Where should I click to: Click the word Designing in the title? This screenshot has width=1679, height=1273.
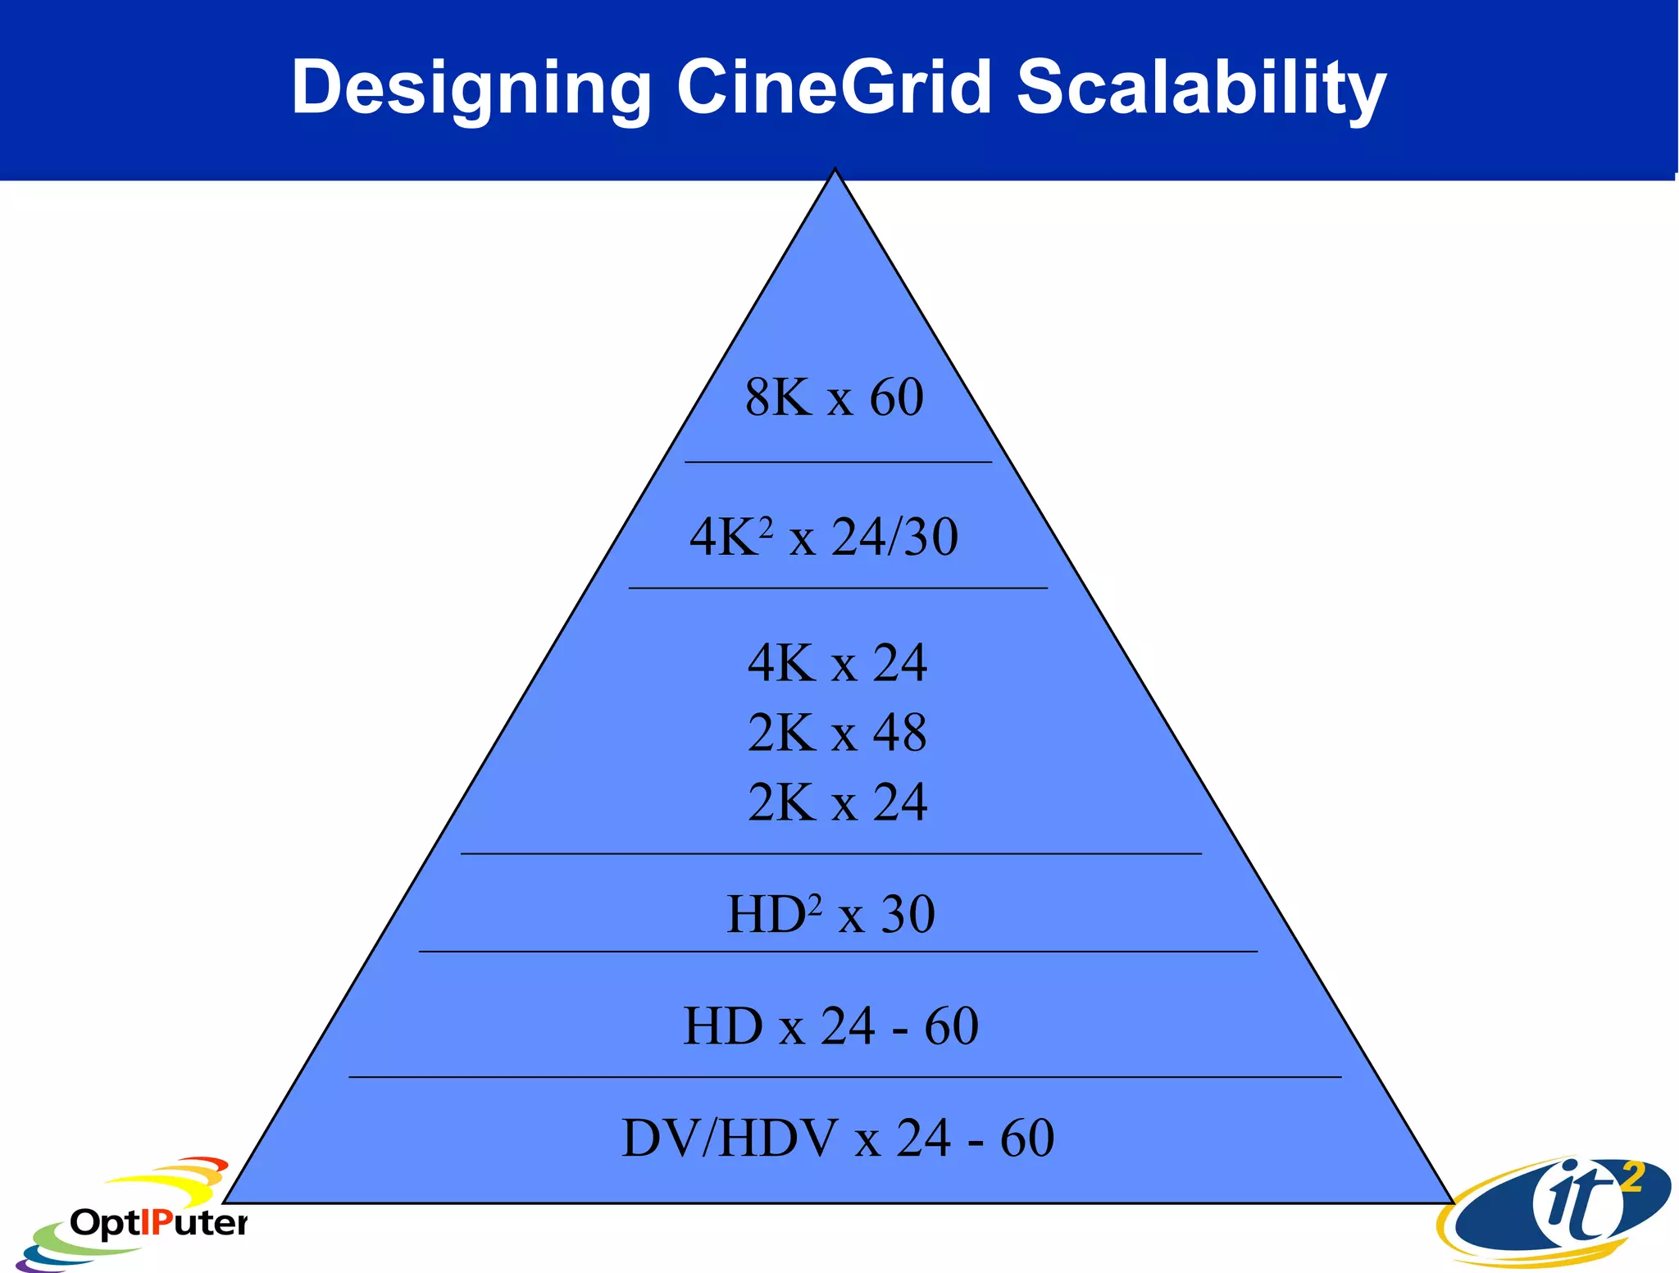pos(471,88)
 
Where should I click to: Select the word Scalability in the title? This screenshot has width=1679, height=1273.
pos(1201,88)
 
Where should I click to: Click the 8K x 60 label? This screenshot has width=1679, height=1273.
pos(835,398)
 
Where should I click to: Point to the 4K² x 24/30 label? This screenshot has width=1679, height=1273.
pos(824,538)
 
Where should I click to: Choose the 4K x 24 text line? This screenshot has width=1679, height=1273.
pos(837,662)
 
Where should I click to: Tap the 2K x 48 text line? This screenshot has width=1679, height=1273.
pos(837,732)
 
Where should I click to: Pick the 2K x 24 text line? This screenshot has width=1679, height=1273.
pos(837,802)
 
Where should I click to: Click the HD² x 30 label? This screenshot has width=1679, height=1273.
pos(830,914)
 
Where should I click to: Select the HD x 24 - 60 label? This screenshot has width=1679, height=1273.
pos(830,1025)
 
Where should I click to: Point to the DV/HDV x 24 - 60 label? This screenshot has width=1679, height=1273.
pos(838,1138)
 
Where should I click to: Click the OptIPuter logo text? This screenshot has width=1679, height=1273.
pos(158,1223)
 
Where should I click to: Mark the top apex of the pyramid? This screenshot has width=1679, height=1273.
pos(835,170)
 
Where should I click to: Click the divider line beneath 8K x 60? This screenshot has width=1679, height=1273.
pos(838,462)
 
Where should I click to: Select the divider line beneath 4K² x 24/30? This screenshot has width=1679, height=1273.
pos(838,588)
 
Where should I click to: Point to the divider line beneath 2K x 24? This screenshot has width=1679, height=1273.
pos(830,853)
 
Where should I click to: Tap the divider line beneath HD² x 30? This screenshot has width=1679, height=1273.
pos(838,952)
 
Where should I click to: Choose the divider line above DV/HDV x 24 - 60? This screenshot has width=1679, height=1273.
pos(844,1076)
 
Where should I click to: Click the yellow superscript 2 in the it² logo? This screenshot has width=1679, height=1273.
pos(1632,1178)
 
